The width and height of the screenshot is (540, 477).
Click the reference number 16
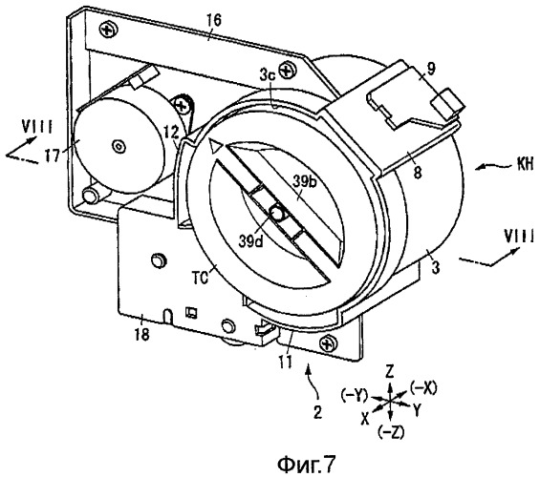pos(213,21)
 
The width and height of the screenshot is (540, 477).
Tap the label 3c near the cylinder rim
pos(268,76)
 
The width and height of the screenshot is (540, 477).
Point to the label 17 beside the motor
pos(53,156)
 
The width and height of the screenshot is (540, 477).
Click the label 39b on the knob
pos(303,182)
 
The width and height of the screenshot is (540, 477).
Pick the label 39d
pos(250,241)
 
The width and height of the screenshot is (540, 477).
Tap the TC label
pos(201,278)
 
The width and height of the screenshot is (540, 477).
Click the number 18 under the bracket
pos(141,333)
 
